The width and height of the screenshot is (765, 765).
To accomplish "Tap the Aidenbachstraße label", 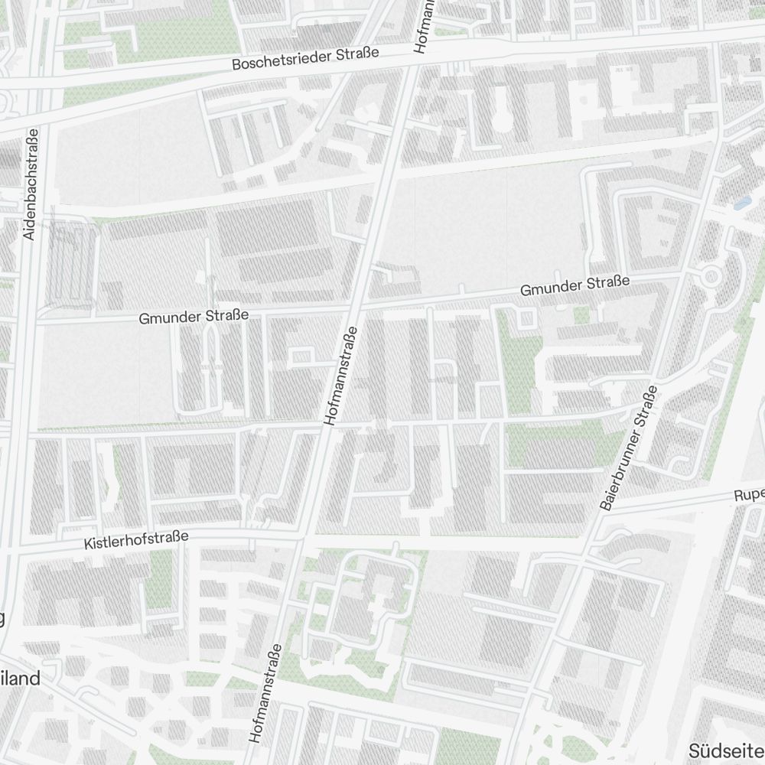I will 31,184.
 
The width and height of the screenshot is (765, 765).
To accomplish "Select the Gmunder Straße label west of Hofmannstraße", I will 194,315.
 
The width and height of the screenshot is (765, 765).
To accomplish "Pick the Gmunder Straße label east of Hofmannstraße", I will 575,286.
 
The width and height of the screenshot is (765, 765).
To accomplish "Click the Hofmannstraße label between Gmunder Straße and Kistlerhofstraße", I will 341,376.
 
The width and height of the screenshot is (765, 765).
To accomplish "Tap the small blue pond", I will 741,203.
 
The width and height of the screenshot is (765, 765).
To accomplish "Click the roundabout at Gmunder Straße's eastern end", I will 711,275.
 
